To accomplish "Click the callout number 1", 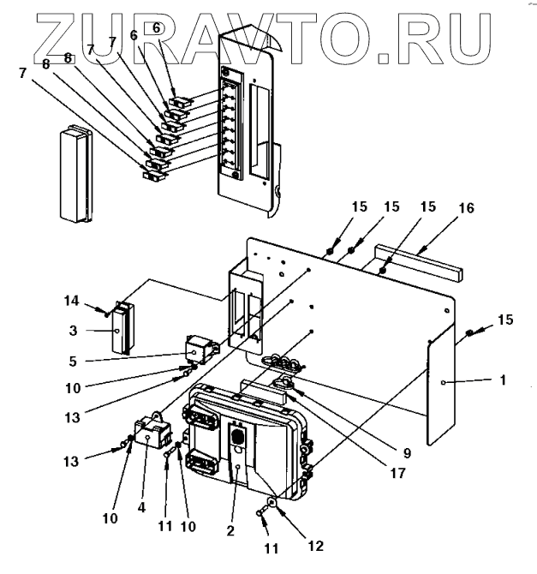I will coord(503,378).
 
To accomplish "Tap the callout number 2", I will coord(230,531).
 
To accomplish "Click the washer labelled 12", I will coord(271,503).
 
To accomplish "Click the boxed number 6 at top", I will coord(155,28).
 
